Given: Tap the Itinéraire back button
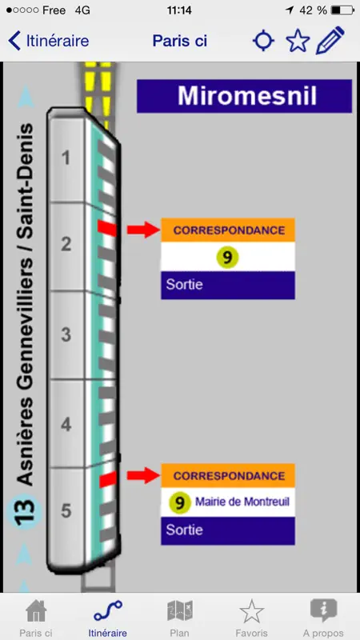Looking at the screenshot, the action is (x=48, y=41).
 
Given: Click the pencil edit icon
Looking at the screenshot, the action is (x=330, y=41).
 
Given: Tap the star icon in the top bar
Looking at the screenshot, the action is (x=298, y=41).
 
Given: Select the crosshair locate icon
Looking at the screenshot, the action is (x=263, y=41).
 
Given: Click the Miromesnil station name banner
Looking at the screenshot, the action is (x=244, y=96).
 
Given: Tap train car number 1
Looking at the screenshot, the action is (x=66, y=158).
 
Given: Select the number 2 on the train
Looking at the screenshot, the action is (x=66, y=244).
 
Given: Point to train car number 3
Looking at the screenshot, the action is (x=66, y=334).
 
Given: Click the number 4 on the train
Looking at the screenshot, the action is (x=66, y=425).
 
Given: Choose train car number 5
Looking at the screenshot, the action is (x=66, y=510).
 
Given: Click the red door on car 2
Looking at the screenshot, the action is (x=107, y=228).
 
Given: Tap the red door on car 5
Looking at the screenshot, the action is (x=108, y=479).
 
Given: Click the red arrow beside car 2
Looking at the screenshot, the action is (x=143, y=230).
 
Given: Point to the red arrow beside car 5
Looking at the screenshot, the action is (x=143, y=475).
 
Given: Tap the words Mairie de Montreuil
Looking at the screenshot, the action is (x=242, y=502).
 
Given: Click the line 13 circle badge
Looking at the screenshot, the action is (x=25, y=512).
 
